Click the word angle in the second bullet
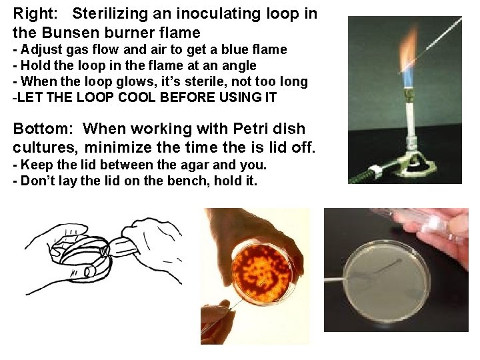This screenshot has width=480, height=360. coord(237,65)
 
